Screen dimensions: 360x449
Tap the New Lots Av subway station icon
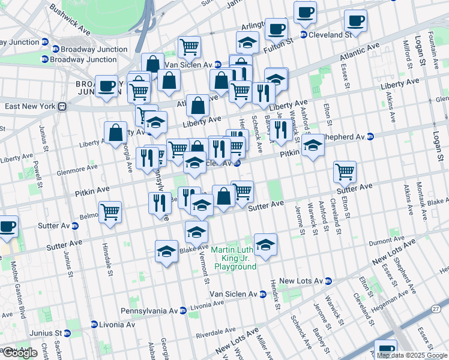pos(328,281)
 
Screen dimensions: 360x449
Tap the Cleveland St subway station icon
pos(304,35)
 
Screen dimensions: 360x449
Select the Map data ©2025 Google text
pos(411,355)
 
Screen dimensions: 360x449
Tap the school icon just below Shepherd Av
pos(312,145)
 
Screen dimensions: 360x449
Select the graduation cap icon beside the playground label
pos(265,244)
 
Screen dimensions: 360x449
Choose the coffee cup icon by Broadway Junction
pos(106,86)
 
